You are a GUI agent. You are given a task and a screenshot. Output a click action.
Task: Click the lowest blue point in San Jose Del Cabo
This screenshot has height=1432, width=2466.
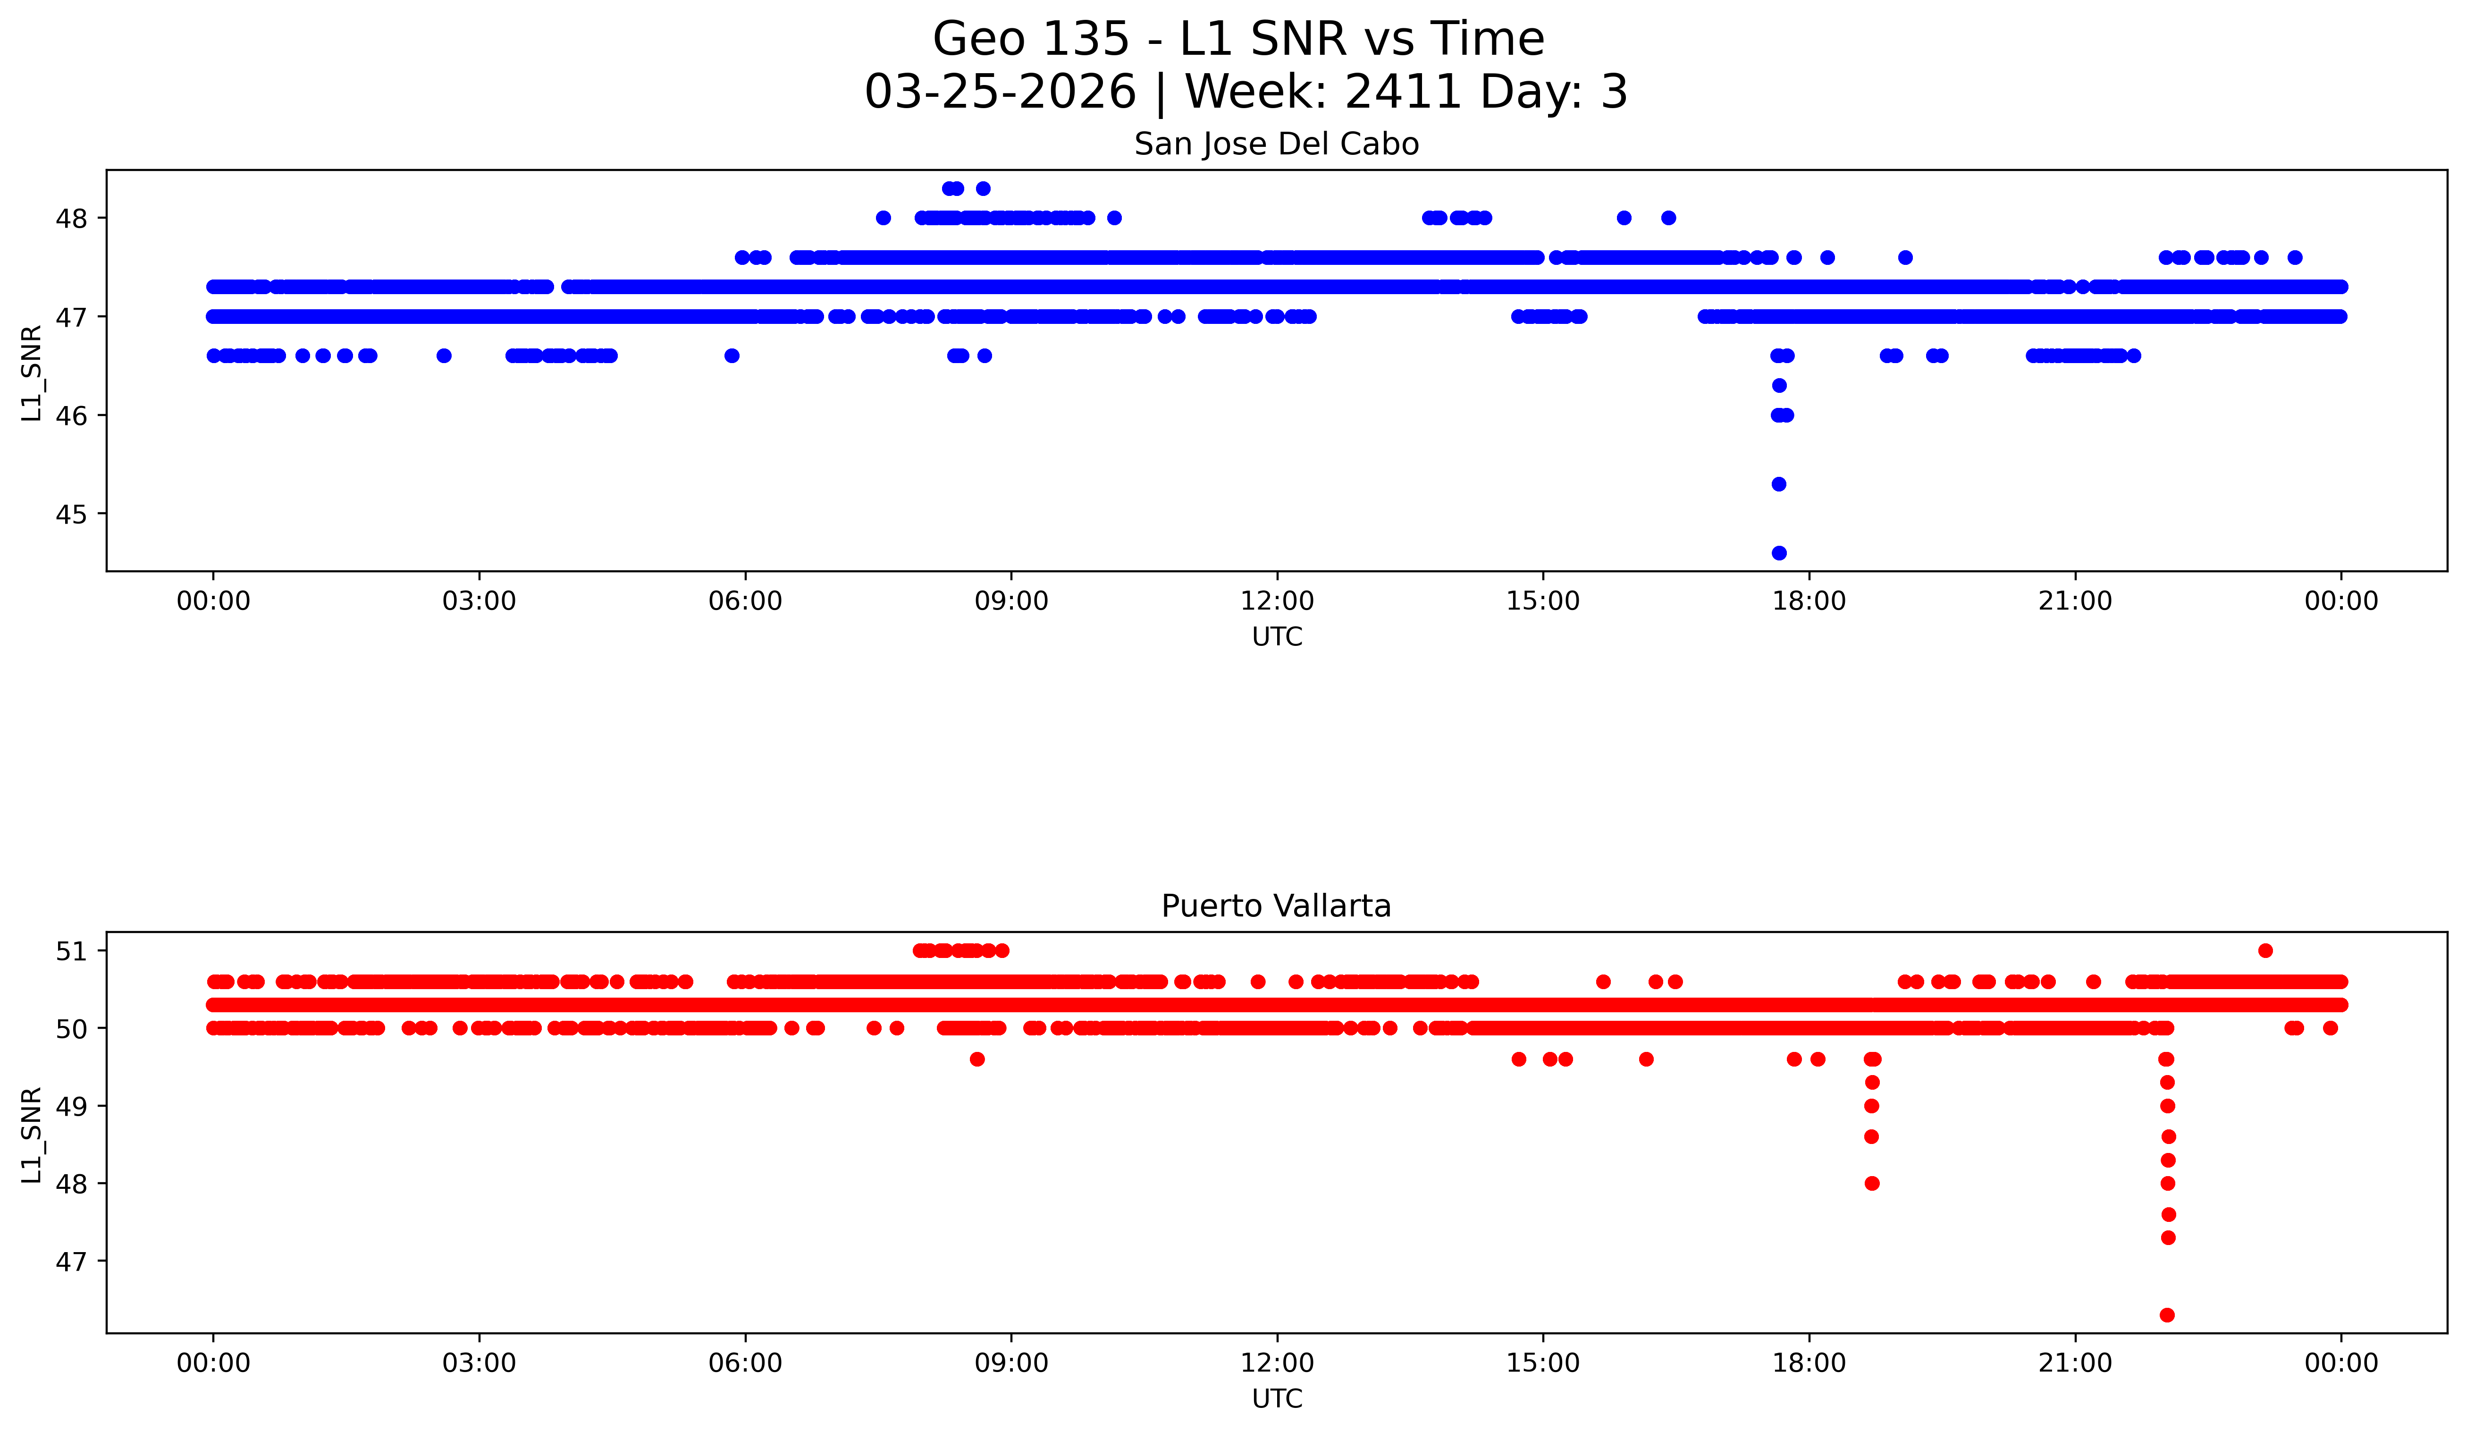[1779, 553]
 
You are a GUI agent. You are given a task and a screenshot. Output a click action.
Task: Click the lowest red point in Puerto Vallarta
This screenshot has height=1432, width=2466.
[2168, 1314]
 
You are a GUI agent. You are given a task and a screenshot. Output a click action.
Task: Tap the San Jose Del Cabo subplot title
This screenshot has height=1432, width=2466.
[1276, 145]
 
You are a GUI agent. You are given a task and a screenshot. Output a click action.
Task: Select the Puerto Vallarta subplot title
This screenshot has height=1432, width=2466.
[1276, 907]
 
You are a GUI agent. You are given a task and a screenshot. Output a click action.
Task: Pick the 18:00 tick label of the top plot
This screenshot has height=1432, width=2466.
[1809, 601]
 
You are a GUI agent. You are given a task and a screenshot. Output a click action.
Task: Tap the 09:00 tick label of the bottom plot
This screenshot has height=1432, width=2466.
[1011, 1363]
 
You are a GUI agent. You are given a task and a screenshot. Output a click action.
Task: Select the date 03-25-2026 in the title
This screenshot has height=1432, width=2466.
[1000, 92]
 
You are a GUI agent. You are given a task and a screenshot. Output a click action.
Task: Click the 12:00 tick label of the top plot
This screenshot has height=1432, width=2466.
[1277, 601]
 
